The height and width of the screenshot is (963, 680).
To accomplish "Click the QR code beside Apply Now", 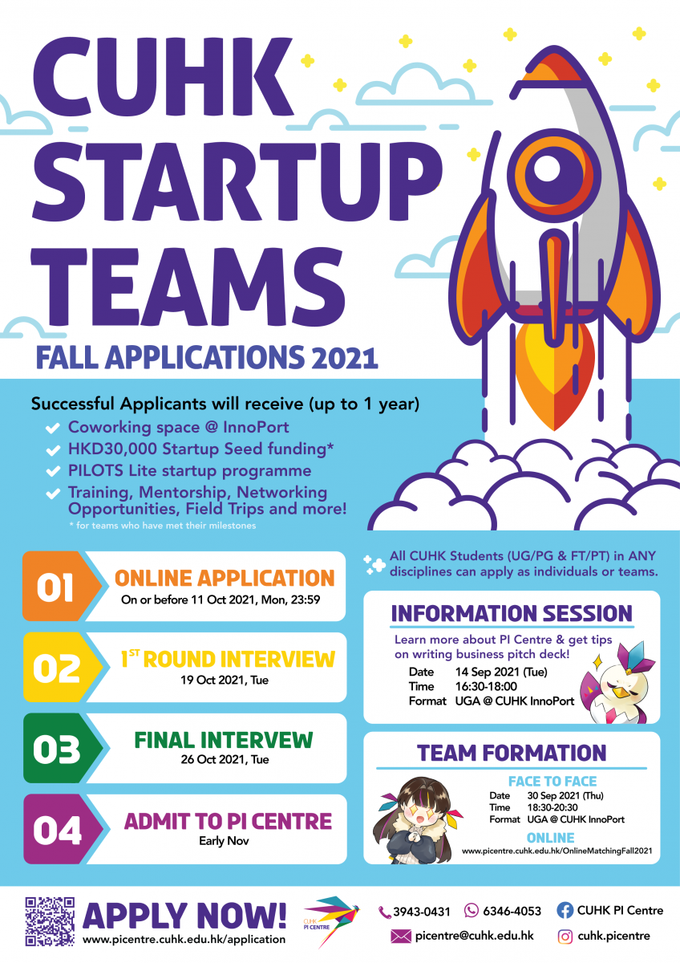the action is [x=50, y=921].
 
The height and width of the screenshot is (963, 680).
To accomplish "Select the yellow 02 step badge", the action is [x=63, y=667].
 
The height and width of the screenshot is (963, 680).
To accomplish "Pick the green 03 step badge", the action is [x=63, y=748].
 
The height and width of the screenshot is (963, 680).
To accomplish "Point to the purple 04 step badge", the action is [x=63, y=829].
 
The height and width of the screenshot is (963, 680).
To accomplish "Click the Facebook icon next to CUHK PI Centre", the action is [x=565, y=910].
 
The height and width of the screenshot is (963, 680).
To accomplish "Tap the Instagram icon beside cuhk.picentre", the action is [x=565, y=937].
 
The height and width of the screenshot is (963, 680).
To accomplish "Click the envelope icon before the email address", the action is [x=401, y=936].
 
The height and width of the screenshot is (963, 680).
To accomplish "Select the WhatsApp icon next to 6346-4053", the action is [x=472, y=910].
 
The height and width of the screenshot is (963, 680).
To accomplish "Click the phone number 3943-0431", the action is [x=422, y=912].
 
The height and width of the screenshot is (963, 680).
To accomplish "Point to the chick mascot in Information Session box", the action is [x=616, y=683].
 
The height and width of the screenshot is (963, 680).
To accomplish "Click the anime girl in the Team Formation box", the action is [x=418, y=821].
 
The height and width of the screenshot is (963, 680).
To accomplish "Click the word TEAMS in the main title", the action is [x=188, y=286].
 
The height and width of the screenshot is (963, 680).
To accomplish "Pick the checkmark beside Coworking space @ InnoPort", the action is [x=52, y=429].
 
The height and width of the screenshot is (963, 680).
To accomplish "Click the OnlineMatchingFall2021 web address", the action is [x=557, y=851].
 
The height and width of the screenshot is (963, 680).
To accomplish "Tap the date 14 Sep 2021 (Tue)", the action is [x=501, y=672].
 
